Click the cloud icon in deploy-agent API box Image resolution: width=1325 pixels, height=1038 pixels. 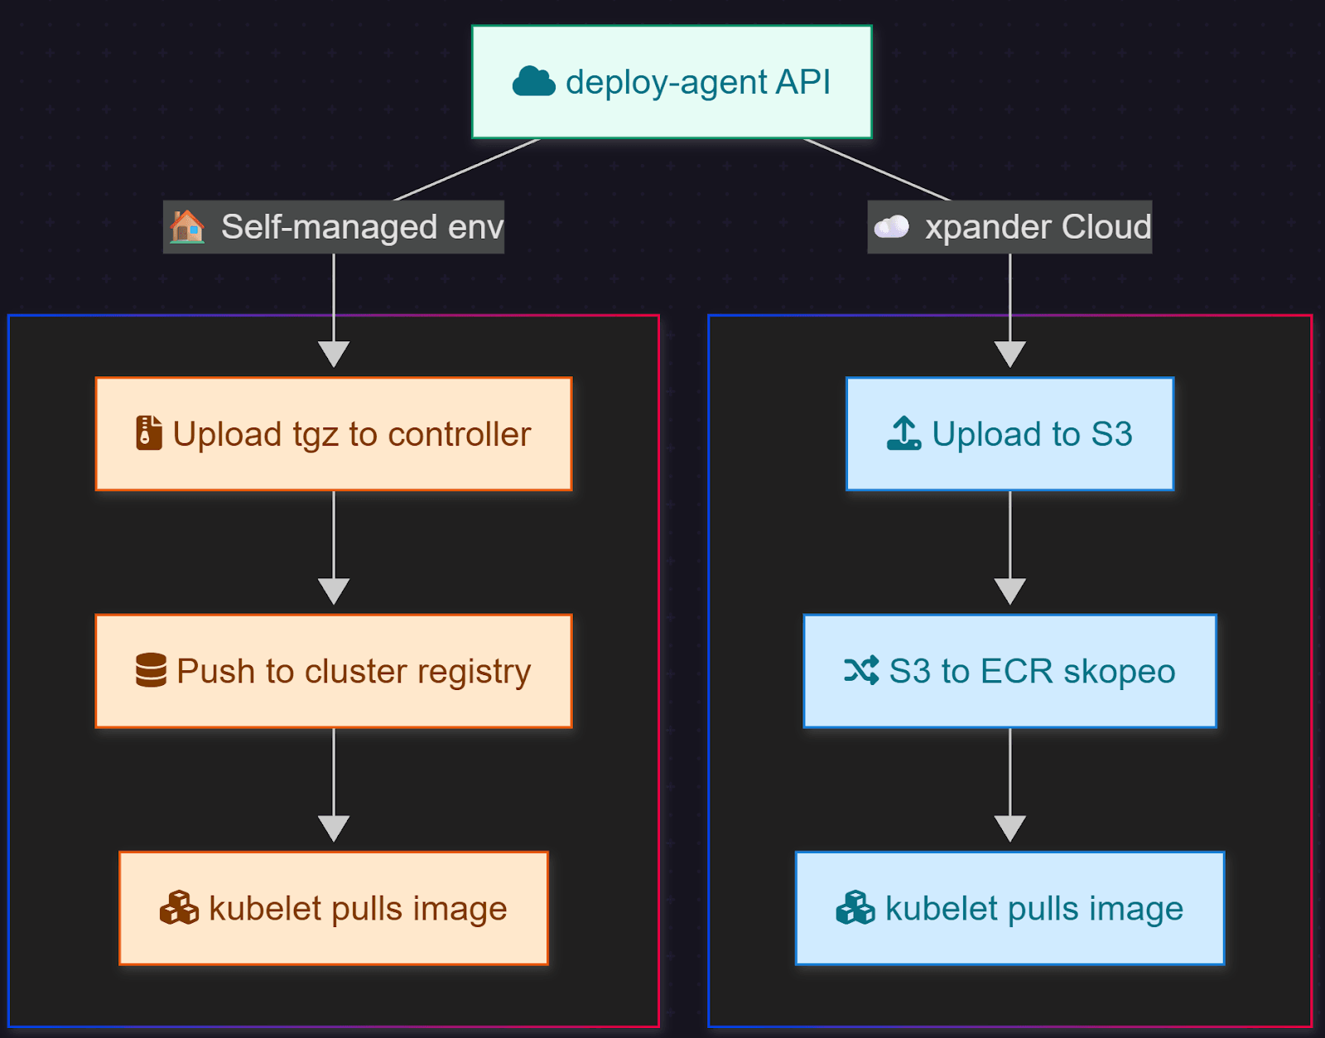coord(533,82)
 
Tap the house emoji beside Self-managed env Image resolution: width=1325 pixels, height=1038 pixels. coord(187,226)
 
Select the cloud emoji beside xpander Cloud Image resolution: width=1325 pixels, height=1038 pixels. coord(892,226)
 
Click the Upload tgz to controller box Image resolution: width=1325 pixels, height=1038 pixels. coord(334,434)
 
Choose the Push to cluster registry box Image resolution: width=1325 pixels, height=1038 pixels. coord(334,671)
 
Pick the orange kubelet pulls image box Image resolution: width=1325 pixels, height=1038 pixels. coord(334,908)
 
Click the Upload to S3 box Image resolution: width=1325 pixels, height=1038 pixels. coord(1009,434)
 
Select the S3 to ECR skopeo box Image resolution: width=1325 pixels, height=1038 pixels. coord(1009,671)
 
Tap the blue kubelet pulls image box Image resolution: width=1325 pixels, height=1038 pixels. coord(1009,908)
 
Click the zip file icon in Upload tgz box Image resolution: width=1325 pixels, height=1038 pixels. coord(149,433)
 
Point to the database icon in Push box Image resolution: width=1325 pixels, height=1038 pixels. coord(151,670)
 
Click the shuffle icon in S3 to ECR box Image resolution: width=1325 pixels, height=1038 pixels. coord(861,670)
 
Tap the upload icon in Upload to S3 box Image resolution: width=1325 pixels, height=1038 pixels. coord(903,433)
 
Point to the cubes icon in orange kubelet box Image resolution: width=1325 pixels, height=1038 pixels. coord(179,908)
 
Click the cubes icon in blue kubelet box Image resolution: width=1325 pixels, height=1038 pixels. coord(855,908)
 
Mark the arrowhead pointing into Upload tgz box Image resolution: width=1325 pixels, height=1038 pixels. coord(334,354)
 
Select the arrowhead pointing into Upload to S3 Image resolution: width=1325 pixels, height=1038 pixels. coord(1009,354)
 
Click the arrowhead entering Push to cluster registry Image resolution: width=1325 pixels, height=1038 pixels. coord(334,591)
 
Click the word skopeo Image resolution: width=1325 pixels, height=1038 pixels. coord(1119,672)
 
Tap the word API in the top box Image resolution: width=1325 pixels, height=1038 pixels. coord(803,82)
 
